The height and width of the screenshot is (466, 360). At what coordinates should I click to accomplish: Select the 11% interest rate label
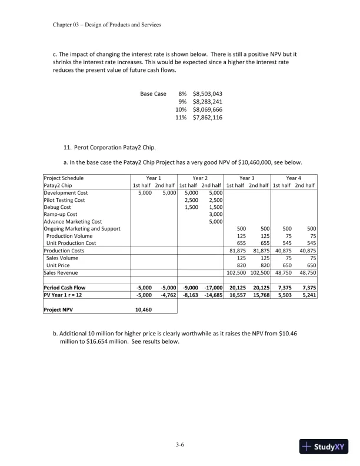point(181,118)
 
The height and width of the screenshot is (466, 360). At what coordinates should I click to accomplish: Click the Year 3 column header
point(247,178)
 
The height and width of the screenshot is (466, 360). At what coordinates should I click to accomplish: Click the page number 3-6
point(180,445)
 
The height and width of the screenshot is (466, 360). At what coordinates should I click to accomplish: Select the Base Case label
point(153,94)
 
